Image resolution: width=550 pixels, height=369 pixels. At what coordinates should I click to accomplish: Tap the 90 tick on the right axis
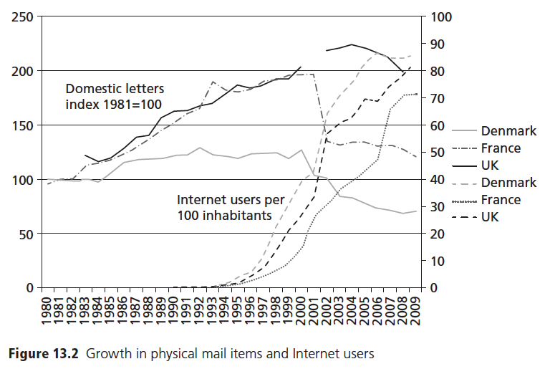pyautogui.click(x=436, y=44)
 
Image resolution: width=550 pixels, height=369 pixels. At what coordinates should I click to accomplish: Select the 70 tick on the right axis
pyautogui.click(x=436, y=98)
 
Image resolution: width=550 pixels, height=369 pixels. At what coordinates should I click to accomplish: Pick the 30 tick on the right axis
pyautogui.click(x=436, y=207)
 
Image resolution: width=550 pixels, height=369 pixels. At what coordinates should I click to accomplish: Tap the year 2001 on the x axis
pyautogui.click(x=313, y=310)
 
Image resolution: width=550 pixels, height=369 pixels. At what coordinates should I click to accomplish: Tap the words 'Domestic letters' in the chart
pyautogui.click(x=115, y=90)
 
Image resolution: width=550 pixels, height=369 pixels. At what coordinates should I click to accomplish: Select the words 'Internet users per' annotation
pyautogui.click(x=231, y=200)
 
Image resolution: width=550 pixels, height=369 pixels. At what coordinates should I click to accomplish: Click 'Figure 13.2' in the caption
pyautogui.click(x=46, y=353)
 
